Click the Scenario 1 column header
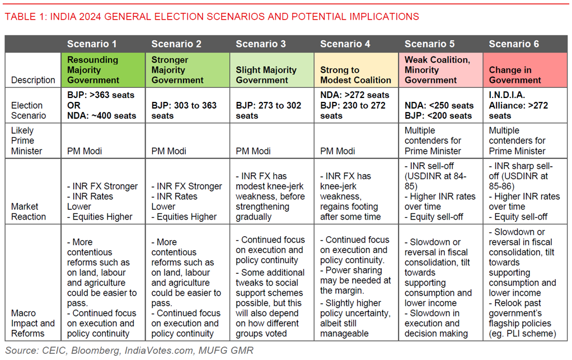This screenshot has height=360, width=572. tap(92, 44)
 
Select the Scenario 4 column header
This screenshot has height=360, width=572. tap(345, 44)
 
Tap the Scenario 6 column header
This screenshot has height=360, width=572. tap(514, 44)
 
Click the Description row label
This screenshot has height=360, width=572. tap(33, 80)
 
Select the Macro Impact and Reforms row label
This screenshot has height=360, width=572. tap(33, 323)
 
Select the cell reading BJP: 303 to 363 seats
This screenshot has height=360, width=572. tap(187, 110)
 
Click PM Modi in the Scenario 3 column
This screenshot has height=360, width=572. tap(253, 151)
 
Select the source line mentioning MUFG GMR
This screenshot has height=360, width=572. tap(129, 350)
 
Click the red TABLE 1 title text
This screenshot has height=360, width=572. tap(212, 16)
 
